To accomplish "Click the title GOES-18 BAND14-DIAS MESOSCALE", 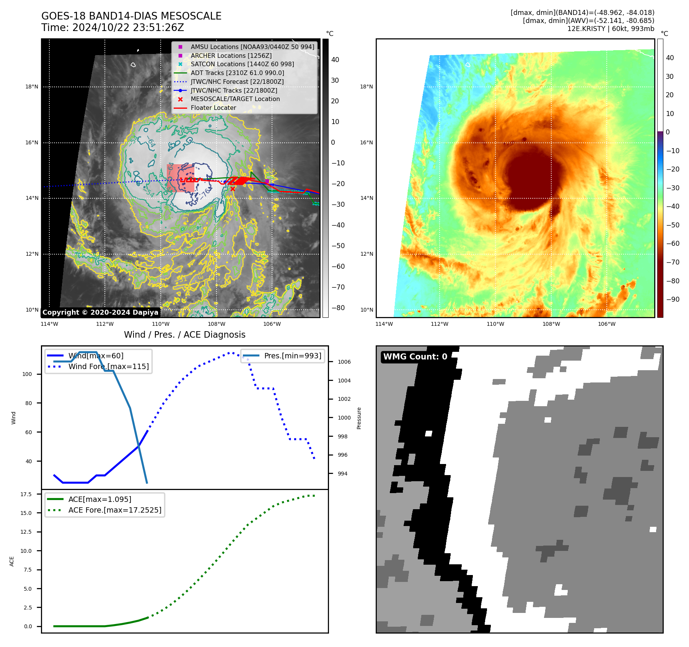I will [131, 16].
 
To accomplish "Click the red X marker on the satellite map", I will [233, 189].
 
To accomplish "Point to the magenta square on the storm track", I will [267, 181].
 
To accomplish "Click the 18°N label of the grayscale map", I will [32, 87].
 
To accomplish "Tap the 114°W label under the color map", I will [384, 324].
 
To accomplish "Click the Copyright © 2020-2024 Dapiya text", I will [100, 312].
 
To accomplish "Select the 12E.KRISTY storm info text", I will [611, 29].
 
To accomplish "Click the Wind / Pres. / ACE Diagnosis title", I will [184, 335].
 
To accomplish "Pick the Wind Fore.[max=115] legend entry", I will [108, 366].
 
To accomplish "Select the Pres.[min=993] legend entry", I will [292, 356].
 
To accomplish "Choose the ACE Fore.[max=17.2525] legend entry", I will [114, 510].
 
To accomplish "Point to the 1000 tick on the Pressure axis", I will [344, 418].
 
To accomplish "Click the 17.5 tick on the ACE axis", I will [26, 494].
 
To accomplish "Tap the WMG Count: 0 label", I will [415, 357].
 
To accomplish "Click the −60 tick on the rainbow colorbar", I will [673, 243].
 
